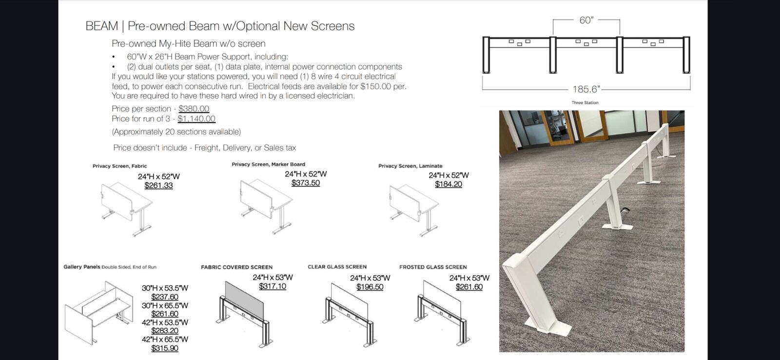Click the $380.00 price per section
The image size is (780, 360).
[x=194, y=109]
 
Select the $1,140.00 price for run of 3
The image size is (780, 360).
[x=196, y=119]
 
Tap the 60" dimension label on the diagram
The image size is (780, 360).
[x=586, y=20]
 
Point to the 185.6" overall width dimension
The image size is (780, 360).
[x=586, y=89]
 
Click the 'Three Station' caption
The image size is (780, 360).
[x=585, y=102]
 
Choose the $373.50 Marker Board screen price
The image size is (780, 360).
[x=305, y=183]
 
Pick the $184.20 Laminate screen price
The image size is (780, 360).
[x=448, y=184]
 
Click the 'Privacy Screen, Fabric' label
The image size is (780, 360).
[x=119, y=166]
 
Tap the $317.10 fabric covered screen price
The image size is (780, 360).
[x=273, y=286]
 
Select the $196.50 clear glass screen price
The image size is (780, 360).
[x=370, y=287]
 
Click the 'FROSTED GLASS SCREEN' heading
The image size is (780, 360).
[x=433, y=267]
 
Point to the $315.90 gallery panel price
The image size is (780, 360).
[x=165, y=348]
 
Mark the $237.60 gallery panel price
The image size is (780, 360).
[x=165, y=297]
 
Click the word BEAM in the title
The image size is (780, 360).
[x=102, y=26]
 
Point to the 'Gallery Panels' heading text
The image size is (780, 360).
[x=81, y=267]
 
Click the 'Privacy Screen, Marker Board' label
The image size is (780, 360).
[x=268, y=164]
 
